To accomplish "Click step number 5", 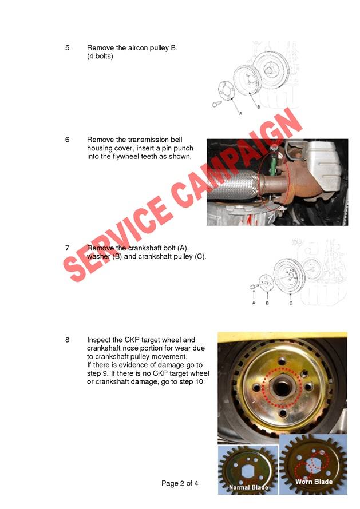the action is [x=68, y=48].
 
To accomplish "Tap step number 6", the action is [x=68, y=140].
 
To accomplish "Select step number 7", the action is [x=68, y=248].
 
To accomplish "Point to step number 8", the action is [x=68, y=340].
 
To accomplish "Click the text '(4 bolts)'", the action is [x=100, y=57].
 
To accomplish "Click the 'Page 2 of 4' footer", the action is [x=180, y=483].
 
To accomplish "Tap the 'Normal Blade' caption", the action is [x=248, y=487].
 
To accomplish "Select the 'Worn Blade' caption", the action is [x=314, y=482].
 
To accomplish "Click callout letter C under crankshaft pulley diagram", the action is [x=291, y=303].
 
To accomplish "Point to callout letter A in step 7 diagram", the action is [x=254, y=303].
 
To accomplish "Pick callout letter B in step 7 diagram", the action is [x=267, y=303].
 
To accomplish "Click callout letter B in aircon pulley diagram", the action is [x=259, y=107].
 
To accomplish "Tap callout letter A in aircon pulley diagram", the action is [x=240, y=114].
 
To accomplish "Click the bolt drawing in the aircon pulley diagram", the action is [x=217, y=104].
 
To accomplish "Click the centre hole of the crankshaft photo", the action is [x=282, y=388].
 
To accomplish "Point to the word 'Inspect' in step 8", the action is [x=99, y=340].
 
